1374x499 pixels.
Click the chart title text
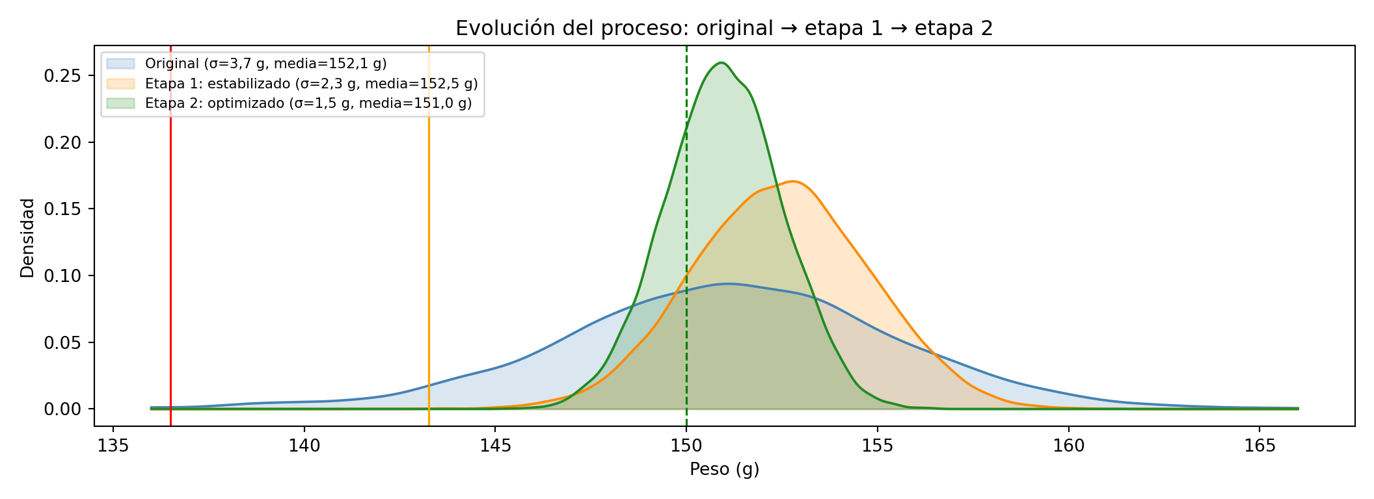click(x=724, y=29)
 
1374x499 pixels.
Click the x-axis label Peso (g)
click(x=724, y=469)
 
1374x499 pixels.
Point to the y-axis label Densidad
click(x=27, y=238)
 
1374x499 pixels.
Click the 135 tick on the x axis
click(x=113, y=446)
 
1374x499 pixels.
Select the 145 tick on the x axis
click(x=495, y=446)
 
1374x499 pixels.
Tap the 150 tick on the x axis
click(x=686, y=446)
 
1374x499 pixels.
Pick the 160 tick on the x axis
click(x=1068, y=446)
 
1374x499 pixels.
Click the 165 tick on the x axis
click(x=1259, y=446)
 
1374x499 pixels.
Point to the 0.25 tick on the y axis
click(x=61, y=76)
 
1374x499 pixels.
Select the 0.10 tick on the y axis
click(x=61, y=276)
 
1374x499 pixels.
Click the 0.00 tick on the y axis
click(x=61, y=409)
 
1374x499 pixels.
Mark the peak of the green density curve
click(x=721, y=62)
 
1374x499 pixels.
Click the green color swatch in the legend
click(x=120, y=103)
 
